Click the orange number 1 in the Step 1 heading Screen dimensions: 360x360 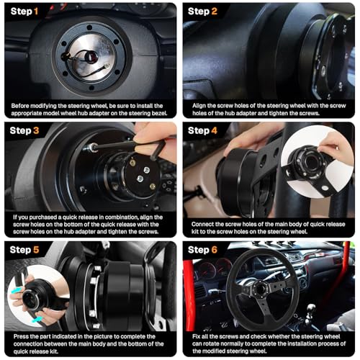pyautogui.click(x=36, y=12)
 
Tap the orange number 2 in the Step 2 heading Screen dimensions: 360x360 pyautogui.click(x=214, y=12)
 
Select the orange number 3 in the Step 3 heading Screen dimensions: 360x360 pyautogui.click(x=36, y=130)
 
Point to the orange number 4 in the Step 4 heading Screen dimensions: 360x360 pyautogui.click(x=214, y=130)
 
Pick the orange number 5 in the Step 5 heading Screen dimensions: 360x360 pyautogui.click(x=36, y=250)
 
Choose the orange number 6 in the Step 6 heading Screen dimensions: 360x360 pyautogui.click(x=214, y=250)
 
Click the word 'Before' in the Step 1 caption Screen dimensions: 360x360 pyautogui.click(x=20, y=106)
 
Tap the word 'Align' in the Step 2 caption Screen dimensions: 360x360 pyautogui.click(x=199, y=106)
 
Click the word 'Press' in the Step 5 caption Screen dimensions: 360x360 pyautogui.click(x=20, y=336)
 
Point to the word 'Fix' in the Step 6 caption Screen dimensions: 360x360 pyautogui.click(x=196, y=336)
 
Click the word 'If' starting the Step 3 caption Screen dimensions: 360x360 pyautogui.click(x=15, y=217)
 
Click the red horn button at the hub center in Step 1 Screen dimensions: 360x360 pyautogui.click(x=92, y=57)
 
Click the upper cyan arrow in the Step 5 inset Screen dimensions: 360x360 pyautogui.click(x=16, y=291)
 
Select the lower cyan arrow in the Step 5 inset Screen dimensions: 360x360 pyautogui.click(x=37, y=320)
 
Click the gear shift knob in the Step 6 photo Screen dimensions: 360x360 pyautogui.click(x=311, y=308)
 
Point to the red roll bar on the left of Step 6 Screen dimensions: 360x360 pyautogui.click(x=189, y=295)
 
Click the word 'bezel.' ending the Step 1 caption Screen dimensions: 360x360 pyautogui.click(x=159, y=113)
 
